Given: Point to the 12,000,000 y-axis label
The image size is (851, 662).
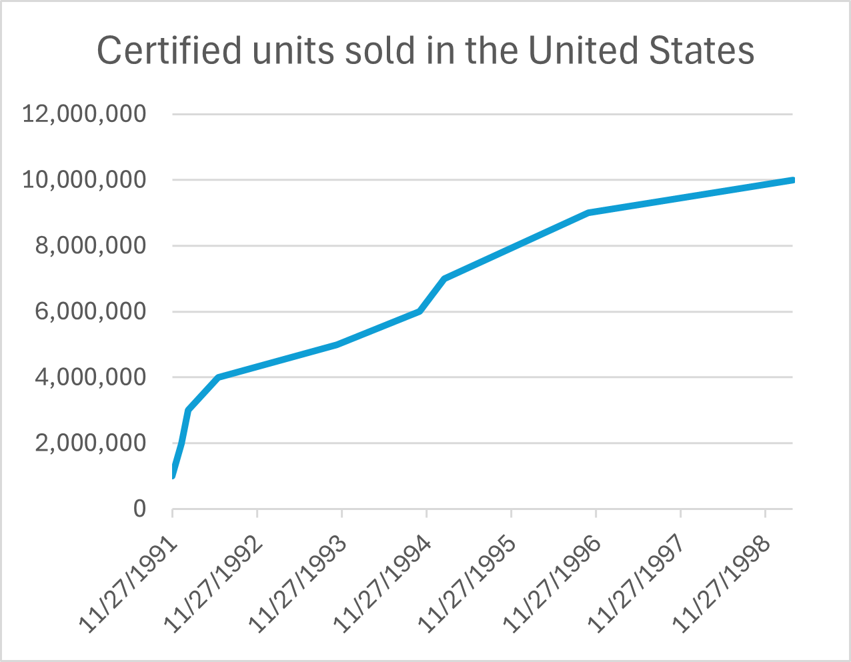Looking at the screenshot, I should pos(84,114).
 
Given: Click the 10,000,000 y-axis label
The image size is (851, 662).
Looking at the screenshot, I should pos(84,180).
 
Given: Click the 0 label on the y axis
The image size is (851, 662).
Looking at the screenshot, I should pos(139,509).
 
